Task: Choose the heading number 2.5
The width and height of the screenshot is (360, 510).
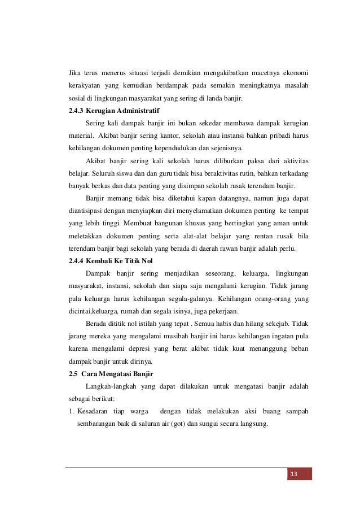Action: pyautogui.click(x=72, y=374)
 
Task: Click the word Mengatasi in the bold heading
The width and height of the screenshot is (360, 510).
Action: pyautogui.click(x=117, y=374)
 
